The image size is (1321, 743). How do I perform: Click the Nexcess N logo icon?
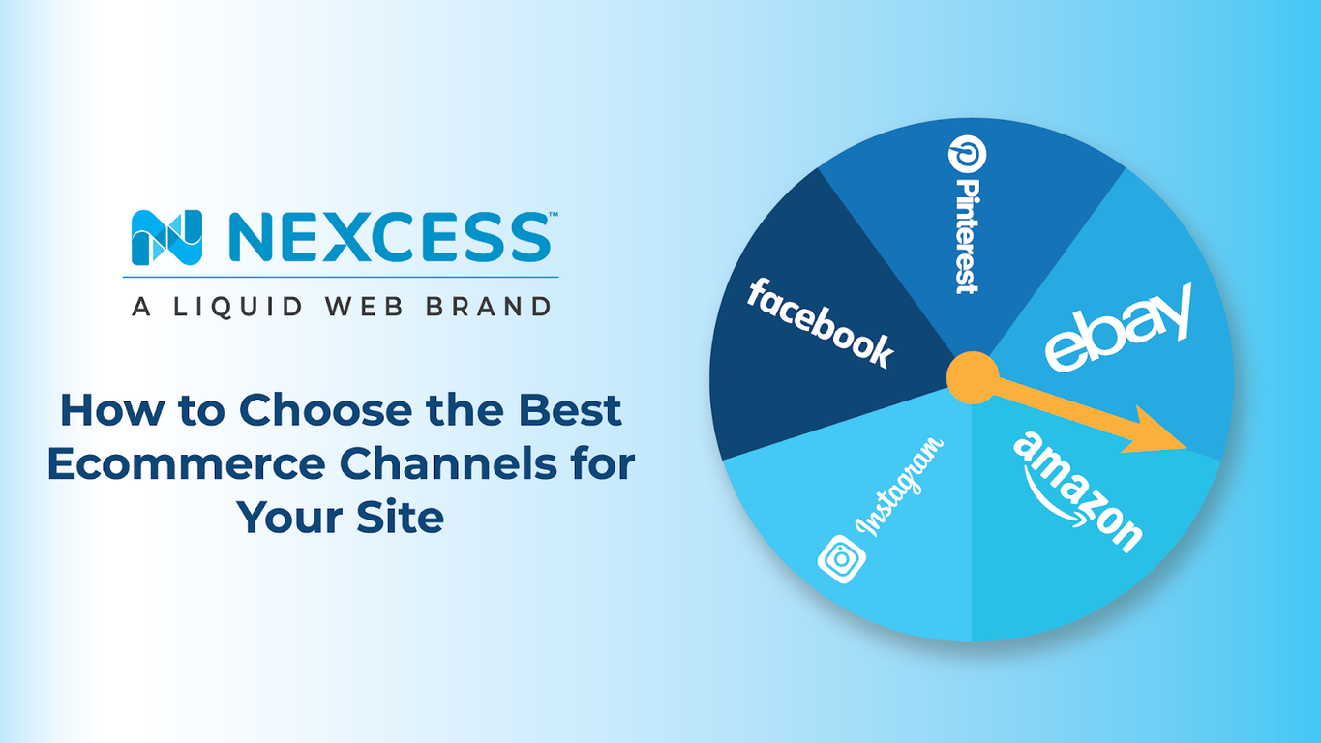coord(166,238)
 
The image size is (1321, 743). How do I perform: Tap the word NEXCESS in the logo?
coord(386,238)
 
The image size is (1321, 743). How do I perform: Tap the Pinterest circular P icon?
coord(964,156)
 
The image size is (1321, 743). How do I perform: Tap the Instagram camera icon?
coord(840,560)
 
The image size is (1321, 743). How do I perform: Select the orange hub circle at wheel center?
coord(971,377)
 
